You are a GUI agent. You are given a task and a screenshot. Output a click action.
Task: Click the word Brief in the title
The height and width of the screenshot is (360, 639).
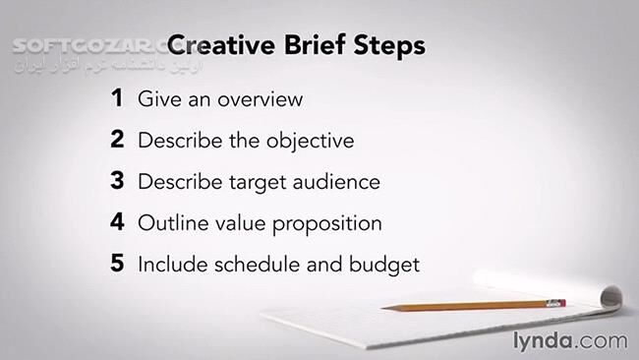314,46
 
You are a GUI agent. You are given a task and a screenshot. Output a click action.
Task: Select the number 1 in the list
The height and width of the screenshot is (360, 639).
117,98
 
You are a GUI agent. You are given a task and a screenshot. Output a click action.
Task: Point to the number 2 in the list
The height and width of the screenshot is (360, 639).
117,140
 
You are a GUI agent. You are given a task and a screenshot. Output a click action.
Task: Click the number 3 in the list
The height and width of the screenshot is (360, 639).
117,181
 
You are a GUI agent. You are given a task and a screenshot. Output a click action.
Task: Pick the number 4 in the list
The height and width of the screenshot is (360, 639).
117,222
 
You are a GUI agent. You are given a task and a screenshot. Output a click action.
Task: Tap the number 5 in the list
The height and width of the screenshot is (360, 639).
117,264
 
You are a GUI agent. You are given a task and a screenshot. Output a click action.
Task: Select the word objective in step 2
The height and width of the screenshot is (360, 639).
310,141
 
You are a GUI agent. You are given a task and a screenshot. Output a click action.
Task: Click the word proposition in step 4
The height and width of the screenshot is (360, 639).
323,224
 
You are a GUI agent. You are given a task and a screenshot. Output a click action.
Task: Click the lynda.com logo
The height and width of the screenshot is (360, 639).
567,340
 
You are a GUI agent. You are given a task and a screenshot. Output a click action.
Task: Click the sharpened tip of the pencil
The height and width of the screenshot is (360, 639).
385,308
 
